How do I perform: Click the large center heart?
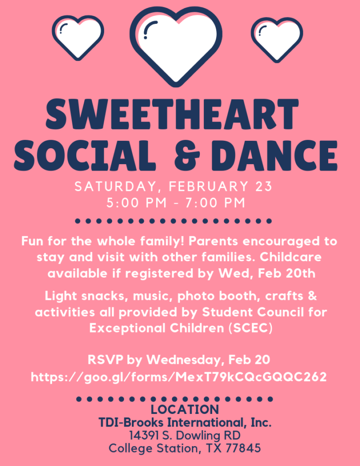176,45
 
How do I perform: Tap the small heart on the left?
78,37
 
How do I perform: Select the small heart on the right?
277,39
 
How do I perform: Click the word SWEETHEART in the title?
172,115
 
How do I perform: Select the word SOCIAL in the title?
85,155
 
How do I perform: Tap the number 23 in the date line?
264,186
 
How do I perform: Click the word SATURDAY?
116,187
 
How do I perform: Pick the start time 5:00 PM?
136,203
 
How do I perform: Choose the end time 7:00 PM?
216,203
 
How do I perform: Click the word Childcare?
291,257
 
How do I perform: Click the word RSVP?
105,359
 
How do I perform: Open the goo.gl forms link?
179,377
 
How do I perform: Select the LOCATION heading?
184,409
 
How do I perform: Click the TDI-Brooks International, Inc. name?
185,422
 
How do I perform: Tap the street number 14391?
144,435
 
